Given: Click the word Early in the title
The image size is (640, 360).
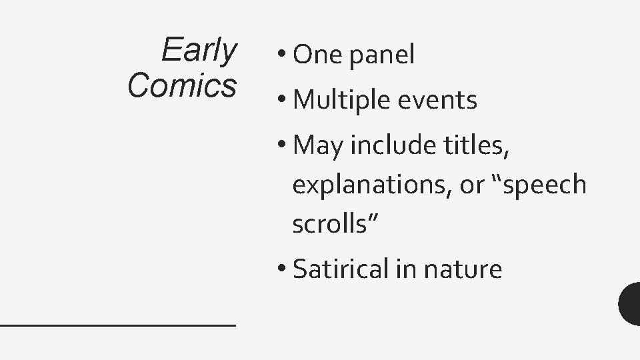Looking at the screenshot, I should coord(199,51).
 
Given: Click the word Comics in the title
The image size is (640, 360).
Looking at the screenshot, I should coord(182,85).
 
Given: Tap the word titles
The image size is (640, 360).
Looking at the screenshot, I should coord(481,144).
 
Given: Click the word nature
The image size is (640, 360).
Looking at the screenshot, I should coord(469,270).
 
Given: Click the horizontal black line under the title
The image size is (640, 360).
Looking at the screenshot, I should coord(118,324).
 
